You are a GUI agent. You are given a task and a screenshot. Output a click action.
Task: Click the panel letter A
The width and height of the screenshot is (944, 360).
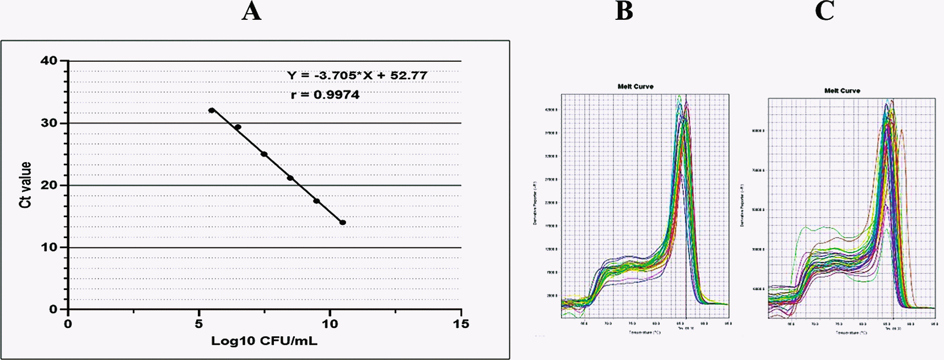[x=251, y=10]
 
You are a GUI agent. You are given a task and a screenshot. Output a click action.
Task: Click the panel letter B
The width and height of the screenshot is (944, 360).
[x=624, y=10]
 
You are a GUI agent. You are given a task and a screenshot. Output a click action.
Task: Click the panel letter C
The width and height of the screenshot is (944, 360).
[x=824, y=10]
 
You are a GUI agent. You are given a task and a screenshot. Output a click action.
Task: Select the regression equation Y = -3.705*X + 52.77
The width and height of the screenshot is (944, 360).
[x=357, y=76]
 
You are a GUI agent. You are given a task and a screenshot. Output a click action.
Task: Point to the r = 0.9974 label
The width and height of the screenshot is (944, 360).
[x=325, y=95]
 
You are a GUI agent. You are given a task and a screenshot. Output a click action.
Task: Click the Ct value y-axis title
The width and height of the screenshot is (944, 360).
[x=25, y=185]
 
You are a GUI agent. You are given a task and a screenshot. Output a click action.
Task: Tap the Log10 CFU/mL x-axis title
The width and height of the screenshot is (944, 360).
[x=264, y=341]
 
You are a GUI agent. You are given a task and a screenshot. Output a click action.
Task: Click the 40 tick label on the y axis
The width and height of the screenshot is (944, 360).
[x=49, y=61]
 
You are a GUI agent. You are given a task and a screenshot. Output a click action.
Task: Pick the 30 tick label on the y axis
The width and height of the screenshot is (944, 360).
[x=49, y=123]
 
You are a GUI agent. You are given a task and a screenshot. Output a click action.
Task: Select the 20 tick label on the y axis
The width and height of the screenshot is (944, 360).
[x=49, y=185]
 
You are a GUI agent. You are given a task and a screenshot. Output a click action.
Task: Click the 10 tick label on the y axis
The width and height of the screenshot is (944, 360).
[x=49, y=248]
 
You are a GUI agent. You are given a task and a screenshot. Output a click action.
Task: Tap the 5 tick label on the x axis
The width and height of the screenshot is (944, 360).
[x=199, y=324]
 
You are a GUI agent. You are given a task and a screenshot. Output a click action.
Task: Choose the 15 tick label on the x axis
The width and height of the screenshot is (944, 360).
[x=461, y=324]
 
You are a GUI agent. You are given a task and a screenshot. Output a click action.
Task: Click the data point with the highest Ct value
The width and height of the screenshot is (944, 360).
[x=212, y=110]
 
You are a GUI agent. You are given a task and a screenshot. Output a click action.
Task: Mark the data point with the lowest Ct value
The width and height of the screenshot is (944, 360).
[x=343, y=223]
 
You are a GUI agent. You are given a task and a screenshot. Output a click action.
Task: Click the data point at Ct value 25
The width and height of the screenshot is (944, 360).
[x=264, y=154]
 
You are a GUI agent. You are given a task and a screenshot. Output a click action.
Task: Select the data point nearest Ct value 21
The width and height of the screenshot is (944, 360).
[x=290, y=178]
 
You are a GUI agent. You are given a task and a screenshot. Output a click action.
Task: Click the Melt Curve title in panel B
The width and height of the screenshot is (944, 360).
[x=635, y=87]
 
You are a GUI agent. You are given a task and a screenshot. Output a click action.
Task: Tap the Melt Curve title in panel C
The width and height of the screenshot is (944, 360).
[x=842, y=90]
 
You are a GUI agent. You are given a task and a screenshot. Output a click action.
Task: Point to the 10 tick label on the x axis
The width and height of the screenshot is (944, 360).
[x=330, y=324]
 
